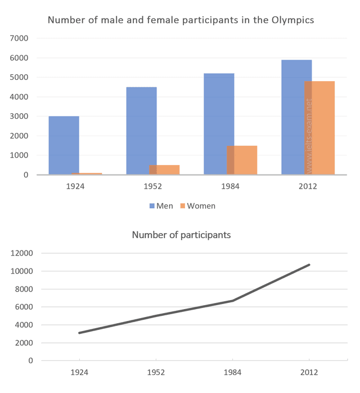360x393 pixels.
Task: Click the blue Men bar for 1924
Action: pos(64,145)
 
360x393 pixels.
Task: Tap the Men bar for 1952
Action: pos(141,131)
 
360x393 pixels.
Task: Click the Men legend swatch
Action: pos(152,206)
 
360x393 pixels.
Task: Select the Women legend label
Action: pos(201,206)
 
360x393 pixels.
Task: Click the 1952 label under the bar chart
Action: pos(153,186)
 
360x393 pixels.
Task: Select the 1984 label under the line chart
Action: pos(232,372)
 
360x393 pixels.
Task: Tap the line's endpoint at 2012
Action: pos(309,265)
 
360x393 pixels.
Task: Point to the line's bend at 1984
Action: pos(232,301)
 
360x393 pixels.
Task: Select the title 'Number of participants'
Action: pos(181,235)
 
